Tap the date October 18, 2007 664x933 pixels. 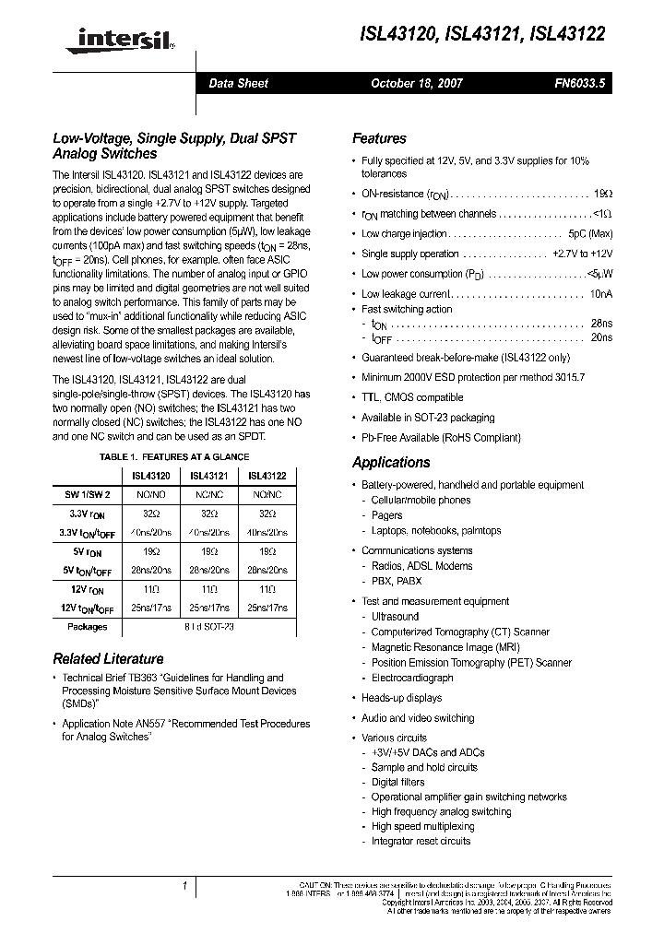pyautogui.click(x=417, y=83)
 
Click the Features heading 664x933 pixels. pyautogui.click(x=379, y=138)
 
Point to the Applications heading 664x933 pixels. pyautogui.click(x=391, y=463)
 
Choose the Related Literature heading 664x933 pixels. pyautogui.click(x=108, y=659)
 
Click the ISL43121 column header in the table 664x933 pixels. pyautogui.click(x=209, y=476)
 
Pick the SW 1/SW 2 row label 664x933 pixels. pyautogui.click(x=88, y=495)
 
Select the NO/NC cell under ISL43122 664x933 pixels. pyautogui.click(x=267, y=495)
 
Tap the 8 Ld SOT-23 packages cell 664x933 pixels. pyautogui.click(x=209, y=626)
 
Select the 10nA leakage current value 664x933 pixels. pyautogui.click(x=599, y=294)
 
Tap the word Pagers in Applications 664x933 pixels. pyautogui.click(x=387, y=516)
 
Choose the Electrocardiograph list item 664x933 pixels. pyautogui.click(x=412, y=678)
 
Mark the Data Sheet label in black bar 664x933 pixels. pyautogui.click(x=238, y=83)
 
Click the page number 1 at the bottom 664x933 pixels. pyautogui.click(x=185, y=887)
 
